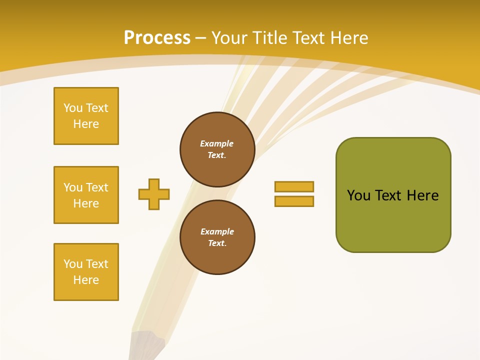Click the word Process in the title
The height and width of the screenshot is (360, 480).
(x=157, y=38)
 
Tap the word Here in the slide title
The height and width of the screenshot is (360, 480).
(x=348, y=38)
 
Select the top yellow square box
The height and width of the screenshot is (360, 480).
(x=86, y=116)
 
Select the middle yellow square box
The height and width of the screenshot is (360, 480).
(x=86, y=195)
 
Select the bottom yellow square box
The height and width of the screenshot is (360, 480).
(x=86, y=272)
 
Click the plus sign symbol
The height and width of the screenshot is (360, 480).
(x=154, y=194)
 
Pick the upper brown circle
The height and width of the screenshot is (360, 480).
(x=217, y=149)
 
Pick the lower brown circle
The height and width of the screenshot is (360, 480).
(x=217, y=237)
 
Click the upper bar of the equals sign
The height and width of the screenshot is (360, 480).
(x=294, y=186)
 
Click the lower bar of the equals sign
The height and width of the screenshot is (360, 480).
(x=294, y=201)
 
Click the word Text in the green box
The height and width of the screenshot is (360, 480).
(x=389, y=195)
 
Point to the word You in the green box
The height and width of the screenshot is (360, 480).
(x=358, y=195)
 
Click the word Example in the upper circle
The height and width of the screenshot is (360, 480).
(x=216, y=143)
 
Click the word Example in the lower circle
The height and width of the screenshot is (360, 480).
(x=217, y=231)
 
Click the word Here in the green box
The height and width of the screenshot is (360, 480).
(x=422, y=195)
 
